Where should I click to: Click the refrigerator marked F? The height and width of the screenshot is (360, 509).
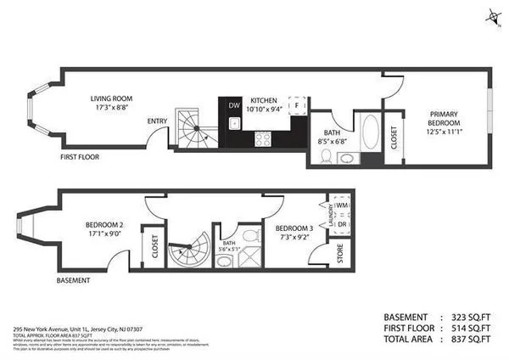click(x=298, y=105)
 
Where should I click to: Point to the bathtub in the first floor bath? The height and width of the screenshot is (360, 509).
click(x=372, y=133)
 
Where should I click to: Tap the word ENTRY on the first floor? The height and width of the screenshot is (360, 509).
click(x=157, y=121)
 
